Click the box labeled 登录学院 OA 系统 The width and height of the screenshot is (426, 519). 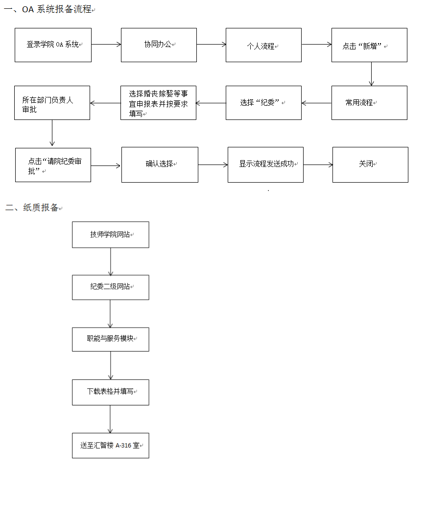point(53,45)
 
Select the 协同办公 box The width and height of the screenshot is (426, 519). point(159,45)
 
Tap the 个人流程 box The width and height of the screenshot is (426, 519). point(263,45)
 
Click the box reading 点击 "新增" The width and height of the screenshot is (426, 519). point(369,45)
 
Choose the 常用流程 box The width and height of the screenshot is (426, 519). point(369,103)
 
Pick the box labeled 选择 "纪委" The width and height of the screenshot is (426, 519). point(263,103)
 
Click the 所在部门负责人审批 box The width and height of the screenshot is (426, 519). point(52,103)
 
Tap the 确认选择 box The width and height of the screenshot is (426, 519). point(160,165)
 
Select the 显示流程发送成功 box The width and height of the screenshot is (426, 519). point(265,165)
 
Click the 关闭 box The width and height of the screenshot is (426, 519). point(370,165)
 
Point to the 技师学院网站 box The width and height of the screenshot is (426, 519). point(111,235)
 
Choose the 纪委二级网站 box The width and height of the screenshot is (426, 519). point(111,287)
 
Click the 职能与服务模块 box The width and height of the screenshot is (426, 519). point(111,340)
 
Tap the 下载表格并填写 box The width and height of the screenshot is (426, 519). point(111,393)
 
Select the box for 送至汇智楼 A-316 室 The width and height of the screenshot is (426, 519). point(111,446)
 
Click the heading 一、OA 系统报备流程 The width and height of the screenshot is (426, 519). point(47,9)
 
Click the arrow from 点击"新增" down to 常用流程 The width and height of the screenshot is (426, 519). point(371,74)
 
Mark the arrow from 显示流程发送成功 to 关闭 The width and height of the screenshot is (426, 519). point(318,165)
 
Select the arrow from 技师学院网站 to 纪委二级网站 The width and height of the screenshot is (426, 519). point(111,261)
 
